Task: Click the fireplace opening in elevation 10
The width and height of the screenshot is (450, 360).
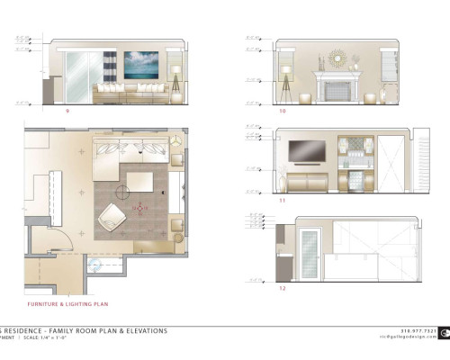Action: [336, 92]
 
